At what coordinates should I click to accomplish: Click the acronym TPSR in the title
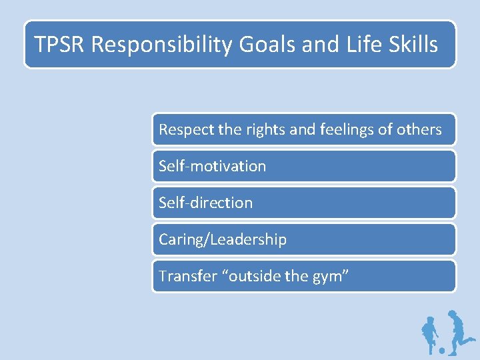click(60, 45)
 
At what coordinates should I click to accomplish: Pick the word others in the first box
click(419, 129)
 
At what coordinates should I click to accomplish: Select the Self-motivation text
click(212, 166)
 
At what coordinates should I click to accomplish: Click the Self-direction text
click(205, 203)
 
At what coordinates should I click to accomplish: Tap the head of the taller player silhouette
click(453, 314)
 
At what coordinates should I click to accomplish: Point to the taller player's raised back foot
click(471, 338)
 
